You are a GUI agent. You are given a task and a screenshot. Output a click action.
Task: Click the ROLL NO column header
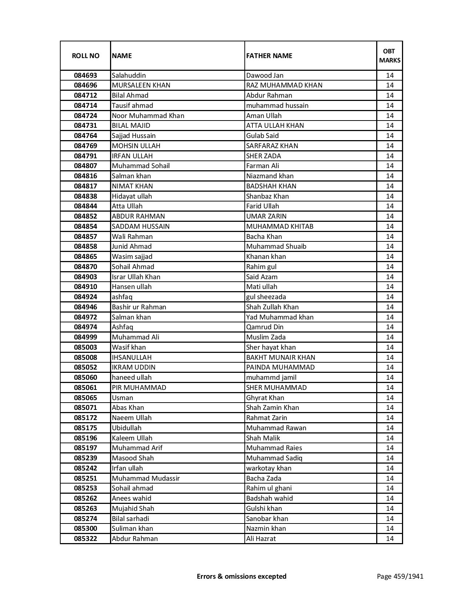point(85,56)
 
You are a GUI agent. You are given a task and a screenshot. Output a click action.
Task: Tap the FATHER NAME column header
point(269,56)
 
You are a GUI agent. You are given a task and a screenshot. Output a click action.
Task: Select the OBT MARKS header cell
point(390,56)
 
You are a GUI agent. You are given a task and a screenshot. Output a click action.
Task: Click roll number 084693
point(85,76)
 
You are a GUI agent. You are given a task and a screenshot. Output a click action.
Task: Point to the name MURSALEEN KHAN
point(141,85)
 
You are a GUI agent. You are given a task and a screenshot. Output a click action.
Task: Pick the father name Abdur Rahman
point(269,95)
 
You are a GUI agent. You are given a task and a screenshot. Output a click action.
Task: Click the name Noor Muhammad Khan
point(148,116)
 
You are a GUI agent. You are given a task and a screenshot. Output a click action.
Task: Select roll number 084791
point(85,156)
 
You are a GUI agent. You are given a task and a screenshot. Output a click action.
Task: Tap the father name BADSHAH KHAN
point(271,186)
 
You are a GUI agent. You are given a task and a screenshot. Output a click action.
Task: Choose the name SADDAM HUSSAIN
point(141,227)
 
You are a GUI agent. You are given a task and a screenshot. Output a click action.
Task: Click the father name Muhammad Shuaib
point(276,246)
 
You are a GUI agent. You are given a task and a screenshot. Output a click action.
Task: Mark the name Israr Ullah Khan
point(136,277)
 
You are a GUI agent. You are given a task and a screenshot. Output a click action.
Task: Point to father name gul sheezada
point(266,297)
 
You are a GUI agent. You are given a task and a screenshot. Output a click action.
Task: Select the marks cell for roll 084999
point(390,337)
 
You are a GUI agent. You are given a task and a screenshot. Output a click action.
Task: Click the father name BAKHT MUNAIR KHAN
point(281,358)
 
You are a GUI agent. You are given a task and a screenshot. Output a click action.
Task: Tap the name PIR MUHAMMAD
point(139,388)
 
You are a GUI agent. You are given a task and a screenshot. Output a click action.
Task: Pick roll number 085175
point(85,428)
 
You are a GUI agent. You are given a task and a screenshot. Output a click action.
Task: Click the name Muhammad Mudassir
point(146,478)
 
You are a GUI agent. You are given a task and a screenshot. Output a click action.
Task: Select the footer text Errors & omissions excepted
point(241,576)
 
